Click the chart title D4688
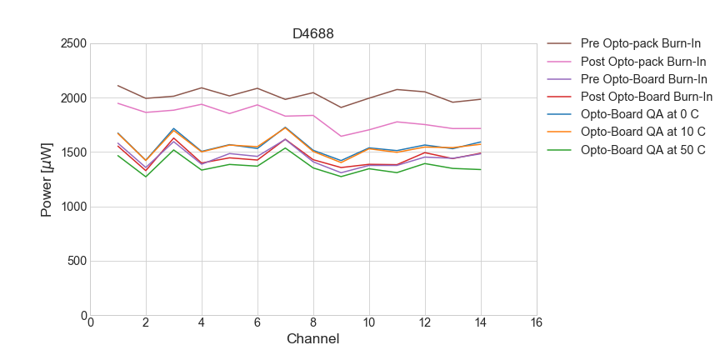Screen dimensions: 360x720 point(313,34)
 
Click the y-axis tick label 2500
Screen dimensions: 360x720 point(72,43)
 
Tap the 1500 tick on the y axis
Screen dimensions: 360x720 point(72,152)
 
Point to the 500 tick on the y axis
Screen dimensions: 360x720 point(75,262)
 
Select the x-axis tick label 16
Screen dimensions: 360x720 point(536,323)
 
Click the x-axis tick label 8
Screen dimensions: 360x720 point(313,323)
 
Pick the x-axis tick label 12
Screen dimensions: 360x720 point(424,323)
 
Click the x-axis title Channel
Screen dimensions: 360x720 point(313,339)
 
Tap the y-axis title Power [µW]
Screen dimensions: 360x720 point(47,179)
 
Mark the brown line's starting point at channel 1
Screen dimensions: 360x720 point(118,85)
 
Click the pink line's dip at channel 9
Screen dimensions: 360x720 point(341,136)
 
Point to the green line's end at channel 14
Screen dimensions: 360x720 point(480,169)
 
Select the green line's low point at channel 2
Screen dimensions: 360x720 point(146,177)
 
